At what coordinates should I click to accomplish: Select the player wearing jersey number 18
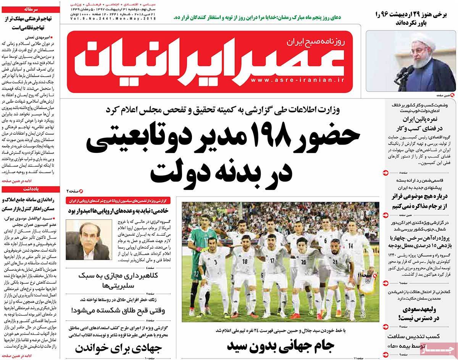(x=245, y=267)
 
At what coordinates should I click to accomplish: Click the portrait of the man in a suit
(x=89, y=240)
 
